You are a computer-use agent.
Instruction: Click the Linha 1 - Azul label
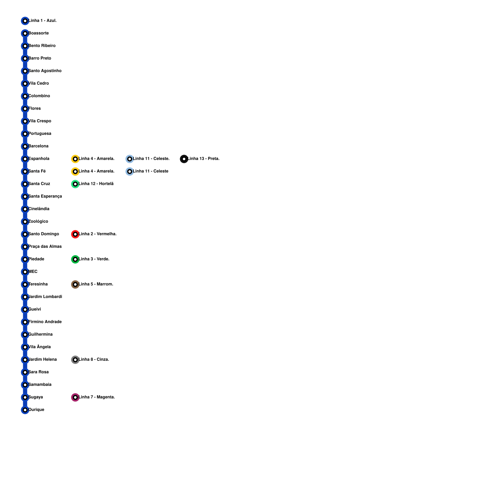pos(43,21)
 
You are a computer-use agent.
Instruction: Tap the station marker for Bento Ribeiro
pos(25,46)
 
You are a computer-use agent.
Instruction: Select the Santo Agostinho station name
pos(45,71)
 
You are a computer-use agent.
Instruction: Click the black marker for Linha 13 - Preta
pos(184,159)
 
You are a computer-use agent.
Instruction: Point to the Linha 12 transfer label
pos(96,184)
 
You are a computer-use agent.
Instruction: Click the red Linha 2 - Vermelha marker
pos(75,234)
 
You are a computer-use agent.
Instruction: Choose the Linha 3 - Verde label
pos(94,259)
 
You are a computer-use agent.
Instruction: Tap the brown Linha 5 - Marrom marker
pos(75,284)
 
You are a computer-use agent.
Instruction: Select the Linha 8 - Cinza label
pos(94,360)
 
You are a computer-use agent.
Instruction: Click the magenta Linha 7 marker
pos(75,397)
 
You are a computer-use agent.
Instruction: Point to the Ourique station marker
pos(25,410)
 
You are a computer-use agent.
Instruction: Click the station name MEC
pos(33,272)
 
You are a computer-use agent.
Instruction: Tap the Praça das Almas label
pos(45,247)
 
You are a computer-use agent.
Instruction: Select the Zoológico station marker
pos(25,222)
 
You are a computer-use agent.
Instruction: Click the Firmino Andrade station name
pos(45,322)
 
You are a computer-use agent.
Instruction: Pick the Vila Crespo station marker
pos(25,121)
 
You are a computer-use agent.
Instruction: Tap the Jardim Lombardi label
pos(45,297)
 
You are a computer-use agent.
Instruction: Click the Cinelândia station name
pos(39,209)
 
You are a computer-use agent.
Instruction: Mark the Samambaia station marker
pos(25,385)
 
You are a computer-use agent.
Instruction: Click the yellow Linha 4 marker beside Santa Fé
pos(75,171)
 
